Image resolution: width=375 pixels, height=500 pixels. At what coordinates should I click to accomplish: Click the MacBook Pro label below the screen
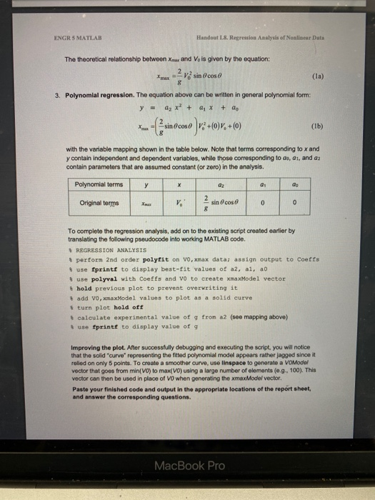click(189, 465)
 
